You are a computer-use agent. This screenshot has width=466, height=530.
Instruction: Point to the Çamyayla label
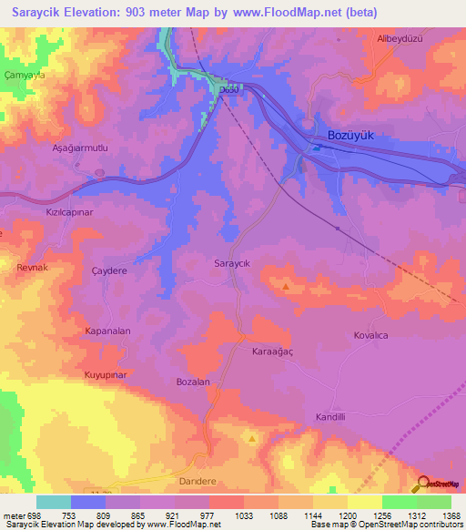tap(25, 76)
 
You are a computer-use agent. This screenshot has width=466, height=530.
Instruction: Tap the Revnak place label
tap(32, 268)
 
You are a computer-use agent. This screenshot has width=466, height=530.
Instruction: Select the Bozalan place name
tap(194, 382)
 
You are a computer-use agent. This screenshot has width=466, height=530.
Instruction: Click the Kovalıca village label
tap(371, 335)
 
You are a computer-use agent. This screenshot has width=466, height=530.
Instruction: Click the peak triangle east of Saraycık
tap(287, 287)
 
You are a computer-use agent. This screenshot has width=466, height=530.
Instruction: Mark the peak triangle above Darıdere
tap(252, 438)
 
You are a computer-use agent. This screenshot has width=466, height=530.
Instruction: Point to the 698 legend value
tap(34, 515)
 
